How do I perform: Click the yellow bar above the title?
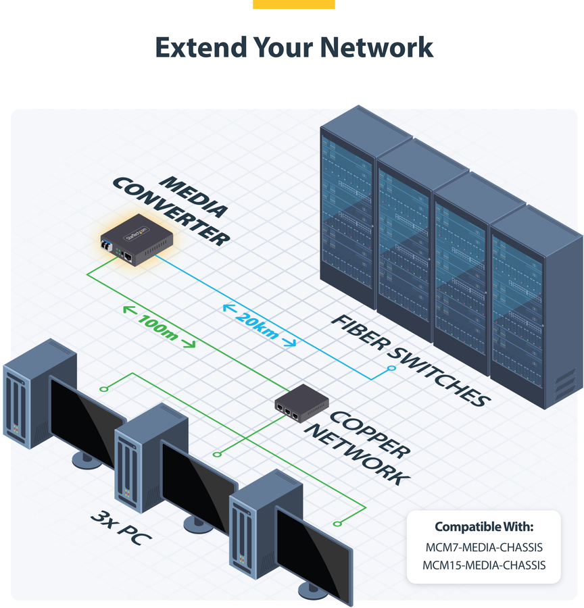pyautogui.click(x=293, y=4)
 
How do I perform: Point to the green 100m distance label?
pyautogui.click(x=159, y=327)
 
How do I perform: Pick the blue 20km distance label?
pyautogui.click(x=259, y=325)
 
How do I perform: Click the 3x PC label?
pyautogui.click(x=121, y=528)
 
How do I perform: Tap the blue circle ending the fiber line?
pyautogui.click(x=391, y=368)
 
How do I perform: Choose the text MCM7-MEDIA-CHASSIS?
pyautogui.click(x=483, y=547)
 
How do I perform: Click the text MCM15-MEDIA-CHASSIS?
pyautogui.click(x=483, y=565)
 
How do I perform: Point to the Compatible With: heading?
pyautogui.click(x=483, y=526)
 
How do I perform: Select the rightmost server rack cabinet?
pyautogui.click(x=534, y=304)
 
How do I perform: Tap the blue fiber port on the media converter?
pyautogui.click(x=109, y=245)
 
